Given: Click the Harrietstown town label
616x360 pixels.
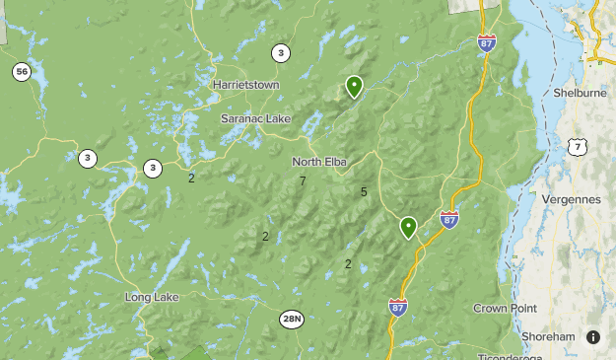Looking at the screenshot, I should [245, 85].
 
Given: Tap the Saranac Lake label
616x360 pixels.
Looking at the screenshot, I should [255, 118].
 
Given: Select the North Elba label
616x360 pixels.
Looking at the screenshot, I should [316, 162].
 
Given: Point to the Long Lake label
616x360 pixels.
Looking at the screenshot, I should [150, 297].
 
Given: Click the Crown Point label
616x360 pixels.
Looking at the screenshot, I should [504, 308].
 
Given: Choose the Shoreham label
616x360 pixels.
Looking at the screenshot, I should [548, 336].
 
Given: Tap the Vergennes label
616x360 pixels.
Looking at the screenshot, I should [571, 199].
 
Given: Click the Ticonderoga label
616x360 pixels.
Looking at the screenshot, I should [510, 356].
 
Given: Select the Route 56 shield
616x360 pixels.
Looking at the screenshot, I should [22, 72].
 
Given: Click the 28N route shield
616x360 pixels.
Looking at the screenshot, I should [292, 319].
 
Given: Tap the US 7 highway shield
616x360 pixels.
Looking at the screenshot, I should [578, 146].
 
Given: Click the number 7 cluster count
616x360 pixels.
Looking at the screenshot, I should [303, 180].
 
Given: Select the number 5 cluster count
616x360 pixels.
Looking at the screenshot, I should [364, 192].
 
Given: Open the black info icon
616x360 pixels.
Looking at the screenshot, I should [593, 337].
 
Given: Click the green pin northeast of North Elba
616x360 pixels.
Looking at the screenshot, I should [354, 87].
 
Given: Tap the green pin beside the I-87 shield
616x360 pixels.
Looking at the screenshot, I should [408, 227].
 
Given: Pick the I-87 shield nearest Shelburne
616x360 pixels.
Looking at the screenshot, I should [486, 43].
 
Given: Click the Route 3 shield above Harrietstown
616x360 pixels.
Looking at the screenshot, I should [282, 53].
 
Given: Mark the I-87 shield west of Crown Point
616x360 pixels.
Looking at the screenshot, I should [398, 307].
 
